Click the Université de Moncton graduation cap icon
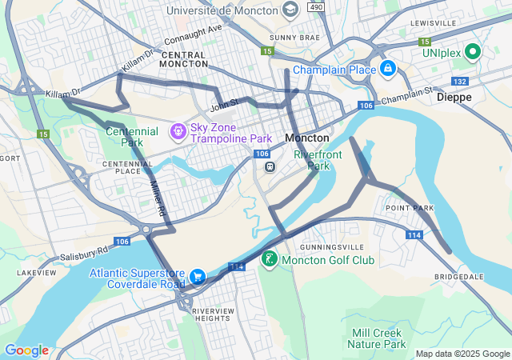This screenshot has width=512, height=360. click(x=290, y=10)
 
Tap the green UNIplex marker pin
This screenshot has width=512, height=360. click(x=472, y=53)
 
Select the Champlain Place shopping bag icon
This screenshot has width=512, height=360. click(x=388, y=70)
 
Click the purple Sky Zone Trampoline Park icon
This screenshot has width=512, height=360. click(x=177, y=130)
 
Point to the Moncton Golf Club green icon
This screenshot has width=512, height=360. click(x=270, y=259)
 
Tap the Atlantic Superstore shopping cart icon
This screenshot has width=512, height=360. click(x=197, y=278)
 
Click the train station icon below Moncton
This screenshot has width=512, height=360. click(x=270, y=167)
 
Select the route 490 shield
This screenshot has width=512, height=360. click(x=317, y=7)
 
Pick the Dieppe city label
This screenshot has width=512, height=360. click(x=454, y=97)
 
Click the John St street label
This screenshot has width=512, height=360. click(x=224, y=103)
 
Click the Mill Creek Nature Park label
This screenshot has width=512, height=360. click(x=377, y=338)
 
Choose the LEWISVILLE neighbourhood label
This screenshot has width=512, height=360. click(x=433, y=23)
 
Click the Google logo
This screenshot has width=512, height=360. click(x=26, y=350)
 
